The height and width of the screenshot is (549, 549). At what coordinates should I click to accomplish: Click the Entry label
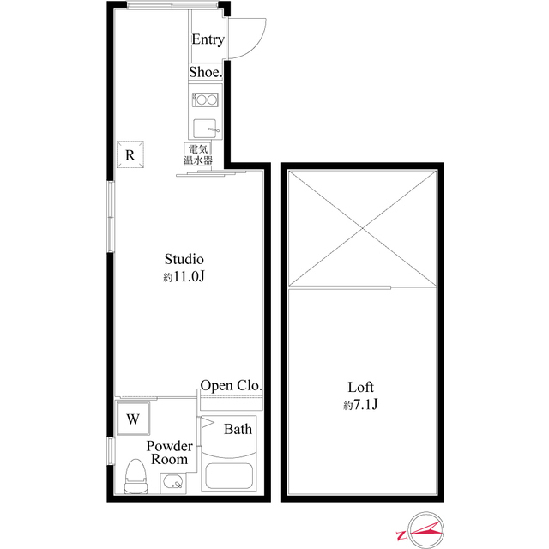pyautogui.click(x=208, y=39)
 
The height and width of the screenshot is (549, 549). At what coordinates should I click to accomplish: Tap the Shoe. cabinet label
pyautogui.click(x=206, y=73)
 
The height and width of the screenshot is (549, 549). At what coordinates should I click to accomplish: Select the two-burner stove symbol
pyautogui.click(x=206, y=100)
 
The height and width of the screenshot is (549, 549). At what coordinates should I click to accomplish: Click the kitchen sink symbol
pyautogui.click(x=206, y=130)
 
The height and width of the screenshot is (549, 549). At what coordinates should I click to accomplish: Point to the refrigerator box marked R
pyautogui.click(x=130, y=155)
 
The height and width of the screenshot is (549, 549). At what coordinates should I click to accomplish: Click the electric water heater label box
pyautogui.click(x=194, y=155)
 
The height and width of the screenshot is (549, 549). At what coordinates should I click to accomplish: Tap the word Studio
pyautogui.click(x=184, y=258)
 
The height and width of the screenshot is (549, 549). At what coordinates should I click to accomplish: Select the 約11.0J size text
pyautogui.click(x=184, y=277)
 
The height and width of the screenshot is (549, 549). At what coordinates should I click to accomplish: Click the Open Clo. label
pyautogui.click(x=231, y=385)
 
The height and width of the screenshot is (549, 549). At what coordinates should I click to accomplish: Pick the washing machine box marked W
pyautogui.click(x=133, y=419)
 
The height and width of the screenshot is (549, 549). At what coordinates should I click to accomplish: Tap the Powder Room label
pyautogui.click(x=169, y=453)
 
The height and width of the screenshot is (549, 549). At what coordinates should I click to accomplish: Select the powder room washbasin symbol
pyautogui.click(x=175, y=482)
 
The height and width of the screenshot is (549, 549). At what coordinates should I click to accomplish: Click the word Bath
pyautogui.click(x=238, y=429)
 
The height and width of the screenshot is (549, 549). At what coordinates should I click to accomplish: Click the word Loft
pyautogui.click(x=360, y=387)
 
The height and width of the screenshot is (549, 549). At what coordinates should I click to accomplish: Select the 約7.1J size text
pyautogui.click(x=360, y=405)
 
